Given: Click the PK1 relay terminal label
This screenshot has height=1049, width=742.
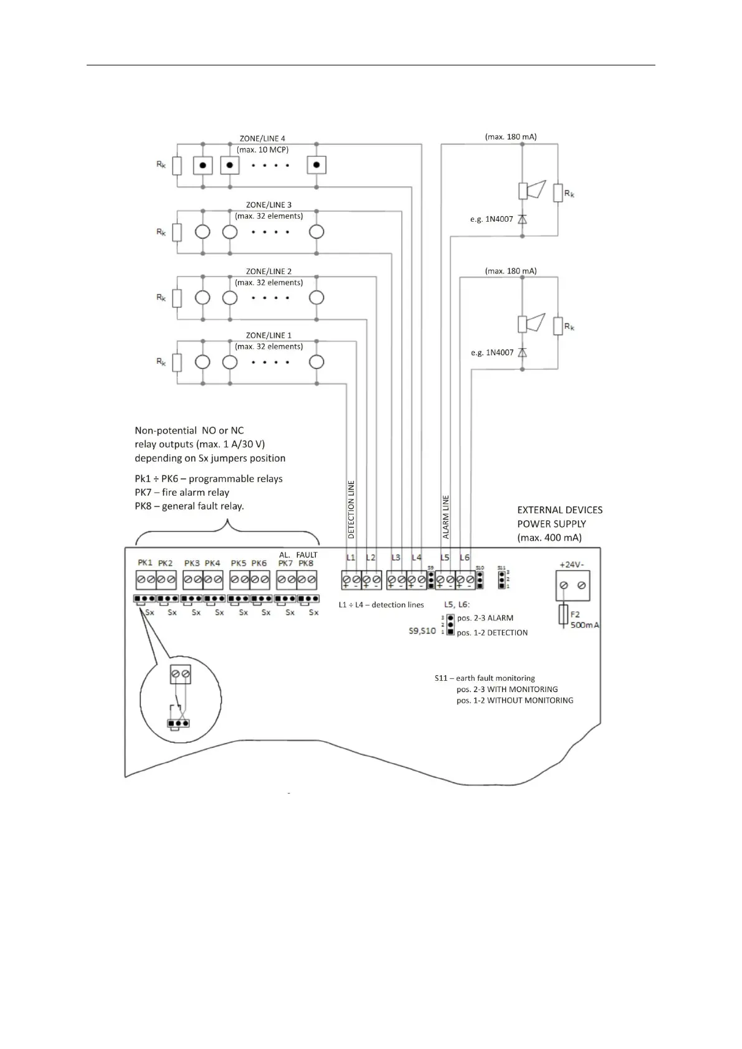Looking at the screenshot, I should [x=145, y=562].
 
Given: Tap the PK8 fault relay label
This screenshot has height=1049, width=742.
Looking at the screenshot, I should [x=306, y=563].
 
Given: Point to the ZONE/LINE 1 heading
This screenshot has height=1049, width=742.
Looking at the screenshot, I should [x=269, y=335].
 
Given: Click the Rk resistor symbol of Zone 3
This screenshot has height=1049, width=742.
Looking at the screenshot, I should [x=177, y=232].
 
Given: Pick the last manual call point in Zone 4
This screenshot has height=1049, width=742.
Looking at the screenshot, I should [x=316, y=165].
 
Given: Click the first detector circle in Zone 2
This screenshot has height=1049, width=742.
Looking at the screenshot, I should [x=202, y=298].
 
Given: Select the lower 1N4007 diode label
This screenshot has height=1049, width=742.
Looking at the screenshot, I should [x=492, y=353].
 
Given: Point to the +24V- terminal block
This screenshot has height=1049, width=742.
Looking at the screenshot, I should [x=573, y=586].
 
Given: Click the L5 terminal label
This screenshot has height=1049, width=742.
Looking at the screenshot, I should [x=445, y=558].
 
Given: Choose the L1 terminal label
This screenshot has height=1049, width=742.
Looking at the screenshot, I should [x=351, y=558].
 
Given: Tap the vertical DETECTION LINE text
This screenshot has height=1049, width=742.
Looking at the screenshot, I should [x=351, y=510].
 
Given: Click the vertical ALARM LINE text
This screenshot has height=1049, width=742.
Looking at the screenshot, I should [x=445, y=516].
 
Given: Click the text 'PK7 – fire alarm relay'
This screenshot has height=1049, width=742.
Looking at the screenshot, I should [x=182, y=492].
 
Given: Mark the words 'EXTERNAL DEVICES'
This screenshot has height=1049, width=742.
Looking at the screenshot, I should [x=559, y=510].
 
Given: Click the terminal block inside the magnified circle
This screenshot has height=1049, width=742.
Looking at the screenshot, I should [x=180, y=674].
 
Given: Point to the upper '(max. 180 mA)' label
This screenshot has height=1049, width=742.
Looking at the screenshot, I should [x=510, y=136].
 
